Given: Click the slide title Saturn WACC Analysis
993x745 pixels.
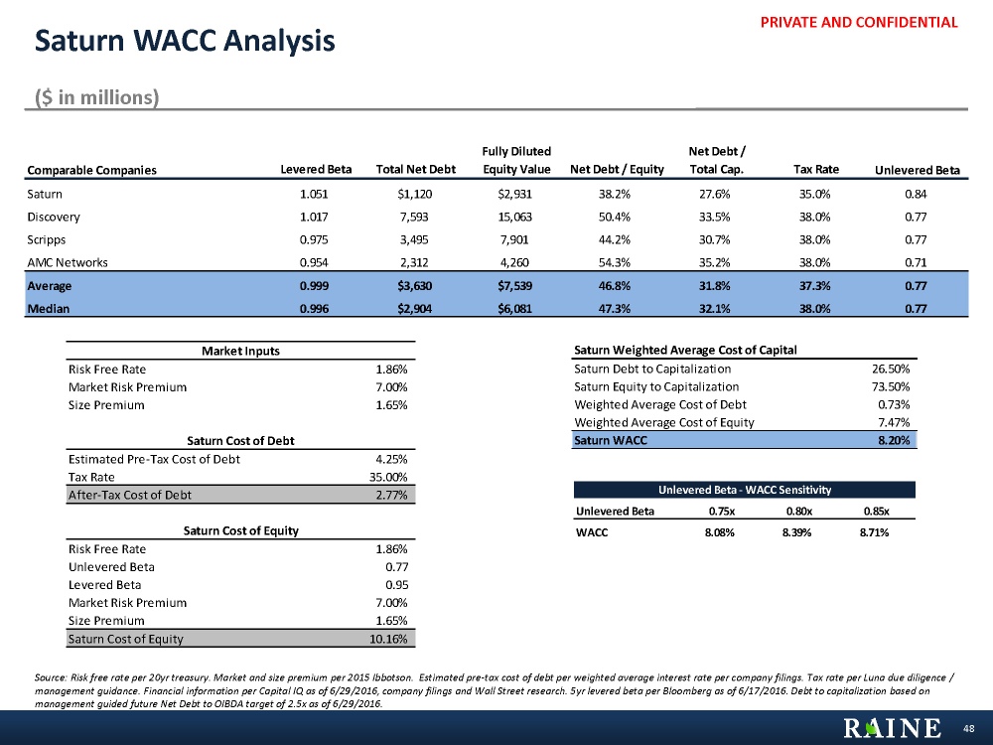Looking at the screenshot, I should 185,42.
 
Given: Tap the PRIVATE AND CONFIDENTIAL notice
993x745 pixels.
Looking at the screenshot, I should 873,22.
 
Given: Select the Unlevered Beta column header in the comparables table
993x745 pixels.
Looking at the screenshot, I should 917,170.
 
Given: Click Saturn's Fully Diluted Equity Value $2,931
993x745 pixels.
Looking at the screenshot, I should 515,194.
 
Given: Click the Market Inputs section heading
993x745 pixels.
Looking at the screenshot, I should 240,351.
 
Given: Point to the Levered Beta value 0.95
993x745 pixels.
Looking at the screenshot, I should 396,584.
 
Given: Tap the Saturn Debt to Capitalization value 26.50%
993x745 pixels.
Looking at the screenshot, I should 890,369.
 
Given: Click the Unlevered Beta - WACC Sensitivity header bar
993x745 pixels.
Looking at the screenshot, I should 745,490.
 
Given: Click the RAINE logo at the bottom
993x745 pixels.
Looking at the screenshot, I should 892,728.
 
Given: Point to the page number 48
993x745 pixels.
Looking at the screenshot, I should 969,729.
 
